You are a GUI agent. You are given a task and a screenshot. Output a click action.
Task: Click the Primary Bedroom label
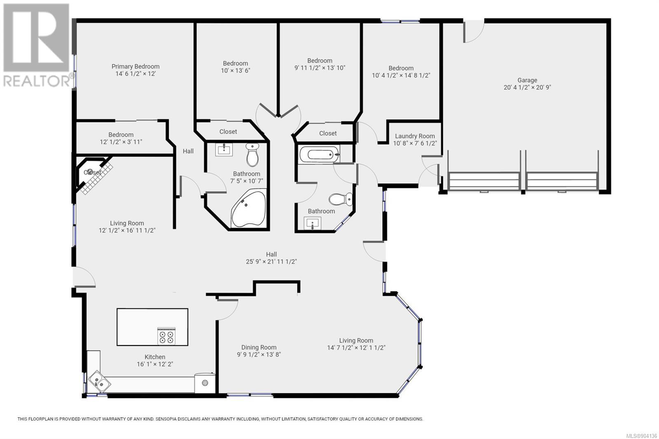[136, 66]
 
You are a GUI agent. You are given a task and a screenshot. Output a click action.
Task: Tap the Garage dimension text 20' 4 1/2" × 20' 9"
[527, 87]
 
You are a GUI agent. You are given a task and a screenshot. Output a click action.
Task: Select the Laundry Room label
[415, 136]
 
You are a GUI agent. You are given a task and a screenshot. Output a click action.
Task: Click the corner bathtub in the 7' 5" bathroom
[249, 209]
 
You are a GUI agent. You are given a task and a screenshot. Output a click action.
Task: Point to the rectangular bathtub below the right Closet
[320, 154]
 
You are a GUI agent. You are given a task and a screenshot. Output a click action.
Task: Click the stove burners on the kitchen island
[166, 336]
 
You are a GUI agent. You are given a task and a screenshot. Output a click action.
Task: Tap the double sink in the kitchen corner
[99, 381]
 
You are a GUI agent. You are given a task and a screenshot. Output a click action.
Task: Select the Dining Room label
[259, 348]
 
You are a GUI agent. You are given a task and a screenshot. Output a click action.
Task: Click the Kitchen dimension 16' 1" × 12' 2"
[155, 364]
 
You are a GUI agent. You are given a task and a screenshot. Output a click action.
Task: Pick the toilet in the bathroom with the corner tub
[252, 155]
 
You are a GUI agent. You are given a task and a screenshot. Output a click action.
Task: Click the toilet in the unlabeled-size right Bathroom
[341, 199]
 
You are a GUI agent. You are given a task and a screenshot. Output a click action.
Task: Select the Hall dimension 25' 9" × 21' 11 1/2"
[271, 262]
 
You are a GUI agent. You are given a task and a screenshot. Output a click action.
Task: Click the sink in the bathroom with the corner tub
[224, 149]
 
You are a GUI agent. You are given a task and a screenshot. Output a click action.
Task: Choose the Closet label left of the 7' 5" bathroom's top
[228, 131]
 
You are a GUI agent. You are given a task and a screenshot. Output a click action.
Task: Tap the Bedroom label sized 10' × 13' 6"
[235, 63]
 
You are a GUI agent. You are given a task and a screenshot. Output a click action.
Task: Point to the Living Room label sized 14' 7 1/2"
[356, 341]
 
